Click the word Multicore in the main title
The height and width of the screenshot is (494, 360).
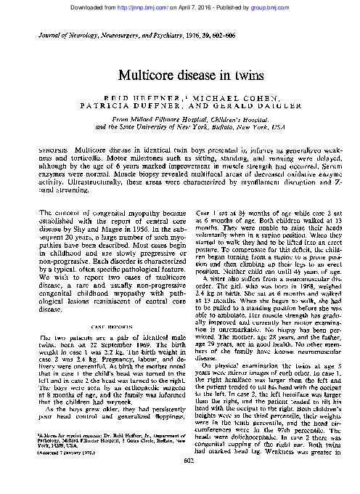tap(150, 75)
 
